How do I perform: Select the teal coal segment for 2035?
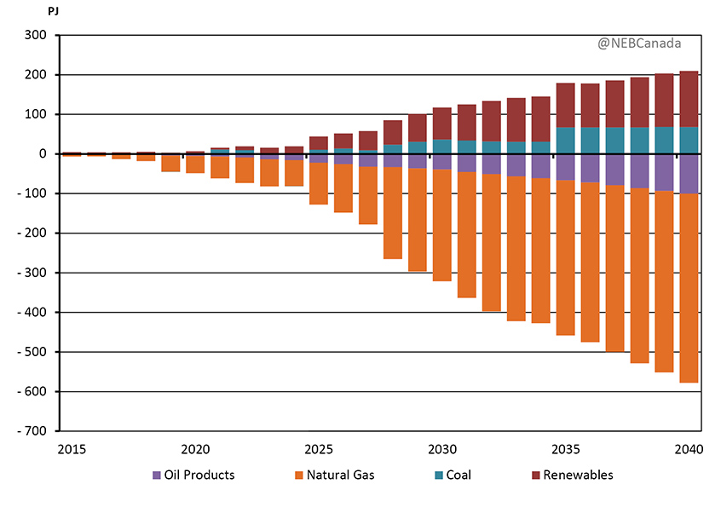(x=565, y=141)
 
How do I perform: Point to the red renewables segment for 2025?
(x=319, y=143)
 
